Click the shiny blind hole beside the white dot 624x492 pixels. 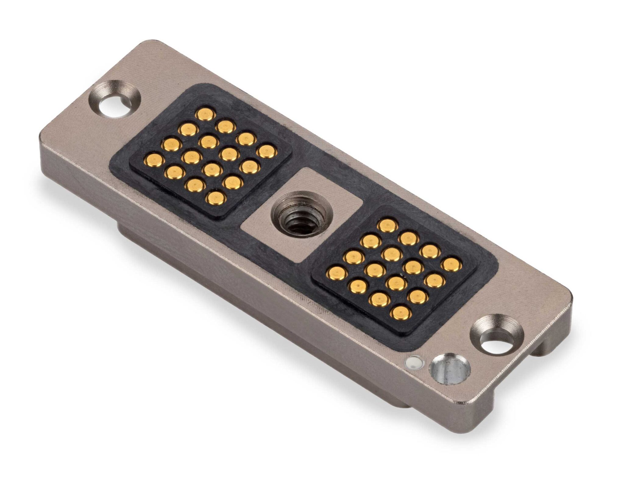[449, 370]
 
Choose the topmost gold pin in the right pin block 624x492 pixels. [388, 225]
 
